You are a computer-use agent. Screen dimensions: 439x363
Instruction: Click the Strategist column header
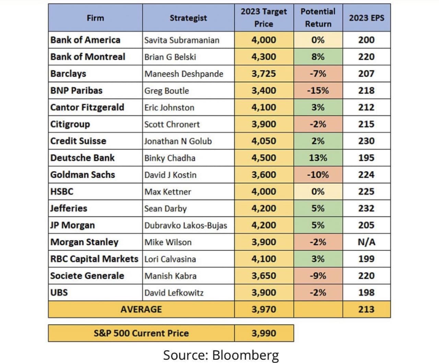tap(188, 18)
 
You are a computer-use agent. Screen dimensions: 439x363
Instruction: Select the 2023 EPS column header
tap(367, 18)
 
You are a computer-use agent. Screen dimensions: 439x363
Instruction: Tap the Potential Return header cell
tap(318, 18)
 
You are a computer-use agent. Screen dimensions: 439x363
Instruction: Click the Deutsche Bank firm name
tap(82, 158)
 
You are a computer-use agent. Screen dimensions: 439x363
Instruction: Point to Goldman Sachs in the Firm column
tap(83, 175)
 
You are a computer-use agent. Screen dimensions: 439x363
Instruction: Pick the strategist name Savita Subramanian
tap(182, 40)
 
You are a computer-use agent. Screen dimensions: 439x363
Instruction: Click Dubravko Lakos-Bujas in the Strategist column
tap(186, 225)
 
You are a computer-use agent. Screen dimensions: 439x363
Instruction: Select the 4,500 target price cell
tap(264, 158)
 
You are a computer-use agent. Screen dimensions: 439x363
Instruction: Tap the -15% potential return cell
tap(318, 90)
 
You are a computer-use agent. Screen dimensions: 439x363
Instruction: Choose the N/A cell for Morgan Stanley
tap(367, 242)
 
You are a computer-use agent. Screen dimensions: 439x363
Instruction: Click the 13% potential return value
tap(318, 158)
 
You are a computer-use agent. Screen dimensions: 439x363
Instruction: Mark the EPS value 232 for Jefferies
tap(367, 208)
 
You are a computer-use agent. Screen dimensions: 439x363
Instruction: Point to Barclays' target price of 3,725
tap(264, 74)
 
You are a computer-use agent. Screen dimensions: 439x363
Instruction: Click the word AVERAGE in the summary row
tap(141, 310)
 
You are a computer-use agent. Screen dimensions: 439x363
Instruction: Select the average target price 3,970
tap(264, 310)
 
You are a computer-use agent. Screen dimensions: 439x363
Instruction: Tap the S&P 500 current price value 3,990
tap(264, 333)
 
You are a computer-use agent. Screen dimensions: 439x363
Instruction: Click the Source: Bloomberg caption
tap(221, 355)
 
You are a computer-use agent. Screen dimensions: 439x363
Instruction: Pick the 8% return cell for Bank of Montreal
tap(318, 57)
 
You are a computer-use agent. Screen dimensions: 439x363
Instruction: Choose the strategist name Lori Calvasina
tap(170, 259)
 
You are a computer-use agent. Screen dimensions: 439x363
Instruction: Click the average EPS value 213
tap(367, 310)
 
